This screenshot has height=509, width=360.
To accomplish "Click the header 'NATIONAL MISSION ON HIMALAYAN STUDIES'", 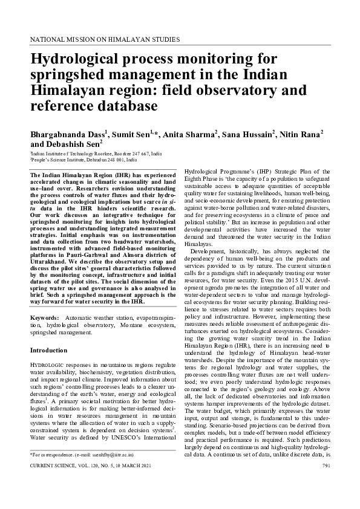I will point(104,38).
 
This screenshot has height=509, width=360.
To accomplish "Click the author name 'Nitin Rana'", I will point(299,134).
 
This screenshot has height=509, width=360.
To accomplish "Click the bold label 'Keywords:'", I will point(44,317).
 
